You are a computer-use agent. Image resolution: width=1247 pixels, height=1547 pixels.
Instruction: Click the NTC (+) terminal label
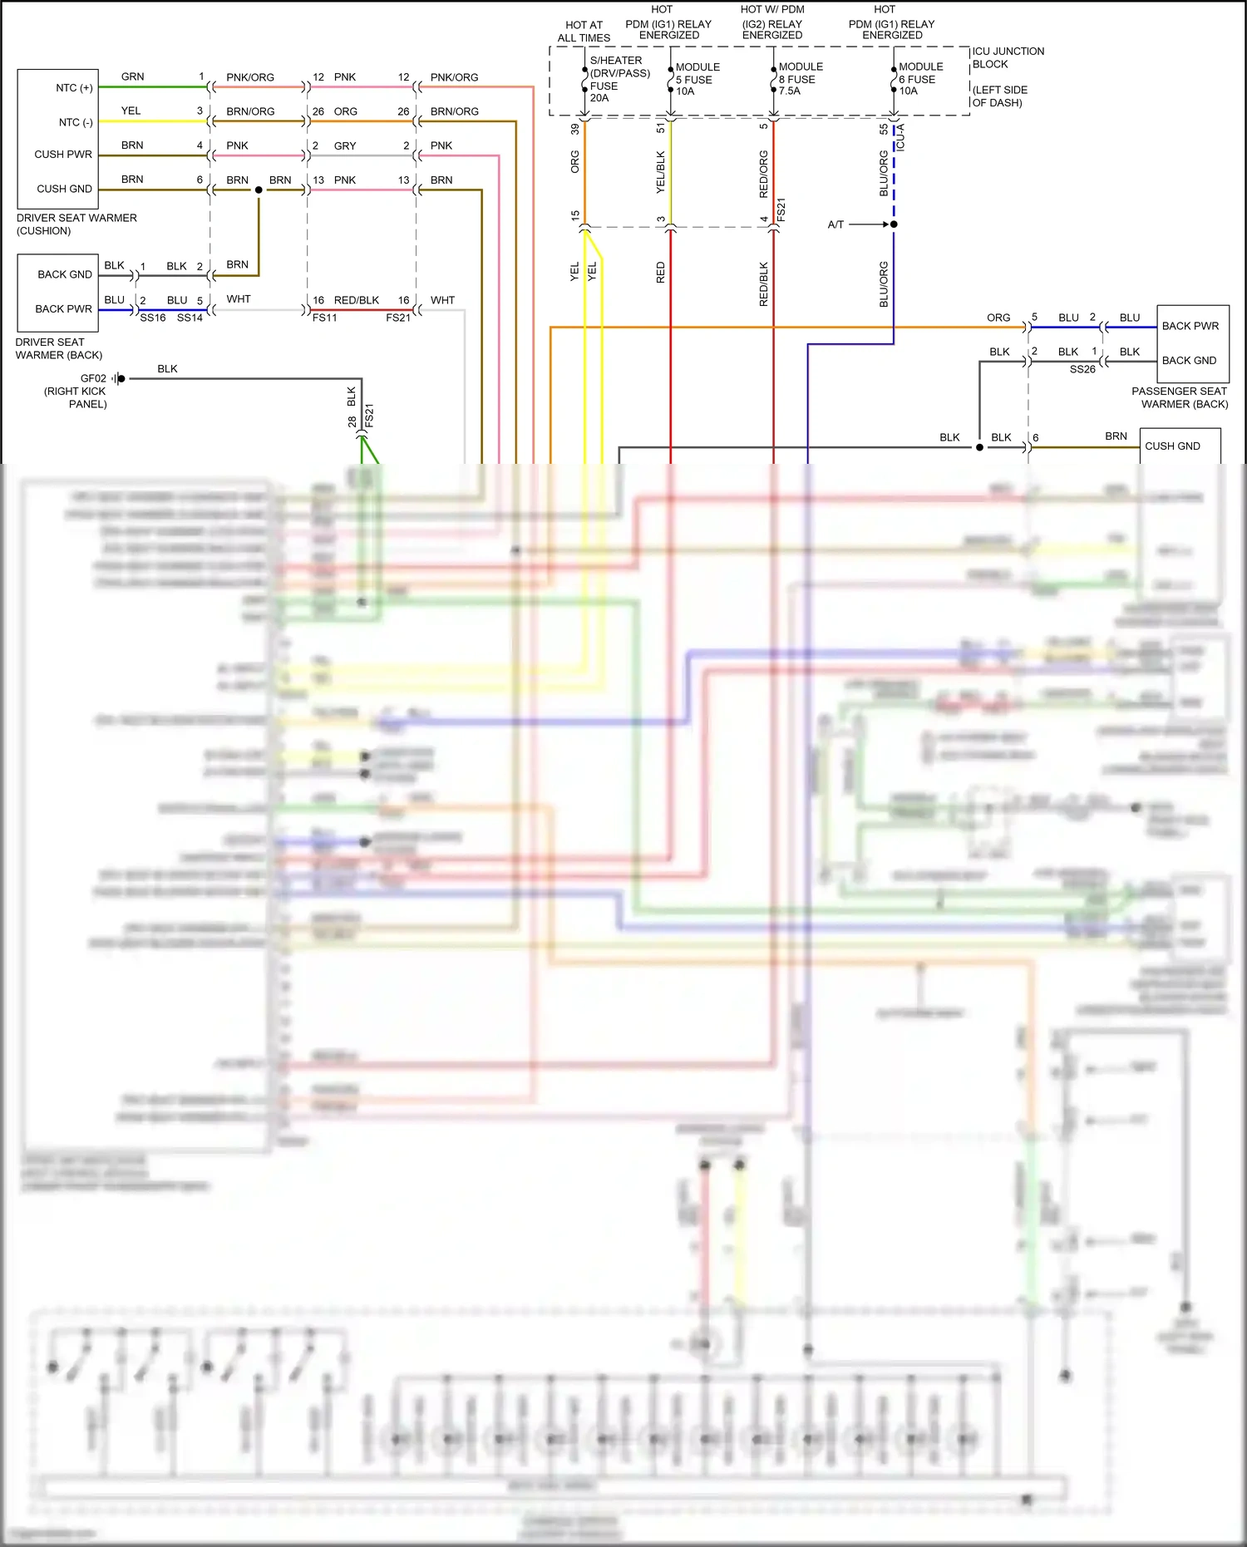(74, 88)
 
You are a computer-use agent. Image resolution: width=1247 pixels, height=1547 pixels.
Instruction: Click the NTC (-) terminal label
(75, 122)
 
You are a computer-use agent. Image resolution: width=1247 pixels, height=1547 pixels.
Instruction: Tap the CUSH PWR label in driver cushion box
(63, 155)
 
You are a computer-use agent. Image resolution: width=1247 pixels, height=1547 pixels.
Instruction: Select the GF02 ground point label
(93, 378)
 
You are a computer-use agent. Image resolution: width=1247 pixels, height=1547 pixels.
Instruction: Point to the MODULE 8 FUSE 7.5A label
(800, 79)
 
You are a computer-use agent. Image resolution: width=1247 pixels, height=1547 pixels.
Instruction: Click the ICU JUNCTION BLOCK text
(1008, 57)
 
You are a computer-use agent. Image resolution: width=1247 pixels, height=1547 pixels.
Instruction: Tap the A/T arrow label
(835, 224)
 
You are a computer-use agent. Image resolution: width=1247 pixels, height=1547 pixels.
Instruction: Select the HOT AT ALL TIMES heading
(584, 32)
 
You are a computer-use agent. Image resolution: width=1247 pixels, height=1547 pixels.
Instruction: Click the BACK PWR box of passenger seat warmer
(1190, 326)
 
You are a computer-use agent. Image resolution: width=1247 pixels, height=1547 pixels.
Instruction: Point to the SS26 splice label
(1082, 370)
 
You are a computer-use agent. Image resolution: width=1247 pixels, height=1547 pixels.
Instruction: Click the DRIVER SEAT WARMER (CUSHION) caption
(76, 224)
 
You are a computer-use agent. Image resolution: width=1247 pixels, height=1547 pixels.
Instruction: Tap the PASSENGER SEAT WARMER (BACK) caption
(1180, 397)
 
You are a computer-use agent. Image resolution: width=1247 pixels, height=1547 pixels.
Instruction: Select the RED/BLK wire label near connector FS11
(356, 300)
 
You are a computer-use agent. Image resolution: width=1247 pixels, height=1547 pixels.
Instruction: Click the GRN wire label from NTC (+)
(132, 76)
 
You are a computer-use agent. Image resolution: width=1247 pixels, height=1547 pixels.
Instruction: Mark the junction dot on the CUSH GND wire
(259, 190)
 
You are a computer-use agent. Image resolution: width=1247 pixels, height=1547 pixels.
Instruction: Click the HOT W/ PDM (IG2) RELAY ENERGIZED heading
(772, 22)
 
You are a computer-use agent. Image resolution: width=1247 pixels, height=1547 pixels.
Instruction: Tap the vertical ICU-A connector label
(901, 137)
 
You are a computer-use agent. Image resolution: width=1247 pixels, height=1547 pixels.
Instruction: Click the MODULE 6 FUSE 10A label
(920, 79)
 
